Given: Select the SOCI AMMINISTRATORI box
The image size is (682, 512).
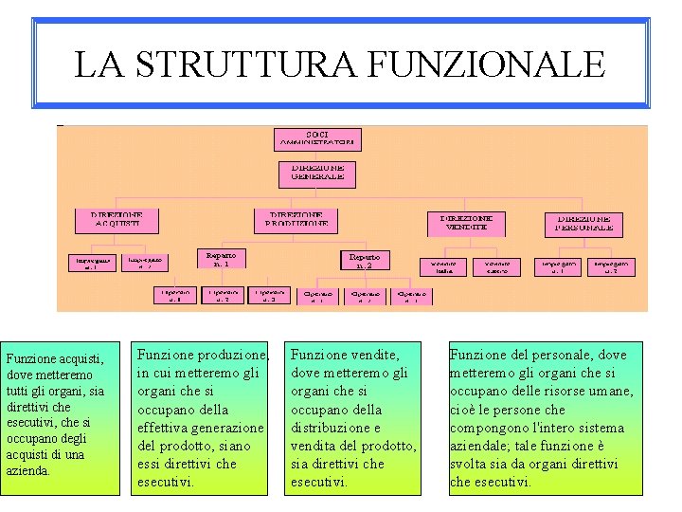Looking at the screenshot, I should coord(317,138).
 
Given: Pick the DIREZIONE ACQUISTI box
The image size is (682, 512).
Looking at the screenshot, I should coord(117,220).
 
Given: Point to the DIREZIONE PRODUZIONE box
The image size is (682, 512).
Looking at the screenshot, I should coord(296,220).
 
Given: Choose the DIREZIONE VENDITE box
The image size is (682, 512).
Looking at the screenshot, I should coord(466,223).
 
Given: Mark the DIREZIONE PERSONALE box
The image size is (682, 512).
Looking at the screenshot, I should coord(583,223).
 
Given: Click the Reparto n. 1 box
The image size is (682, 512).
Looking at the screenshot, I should coord(221,260).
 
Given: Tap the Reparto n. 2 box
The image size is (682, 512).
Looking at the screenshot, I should coord(365,261).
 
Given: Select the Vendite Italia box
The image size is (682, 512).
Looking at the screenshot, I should coord(444,266).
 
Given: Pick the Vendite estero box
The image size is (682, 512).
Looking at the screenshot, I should coord(496,266).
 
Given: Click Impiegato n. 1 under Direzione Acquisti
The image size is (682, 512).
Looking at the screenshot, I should coord(93,263).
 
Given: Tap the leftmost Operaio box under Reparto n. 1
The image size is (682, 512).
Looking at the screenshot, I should coord(177,295).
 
